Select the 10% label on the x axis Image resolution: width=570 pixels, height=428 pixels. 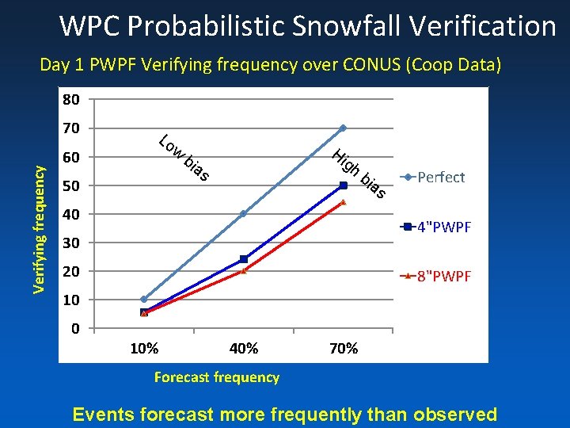[x=143, y=349]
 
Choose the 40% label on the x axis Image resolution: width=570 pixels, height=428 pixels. [x=243, y=349]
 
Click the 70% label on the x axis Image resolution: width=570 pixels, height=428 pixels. [x=343, y=349]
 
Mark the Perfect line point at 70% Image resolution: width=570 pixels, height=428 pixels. [x=343, y=128]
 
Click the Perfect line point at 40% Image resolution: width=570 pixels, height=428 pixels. [x=243, y=213]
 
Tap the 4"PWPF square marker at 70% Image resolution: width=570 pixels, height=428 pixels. [x=343, y=185]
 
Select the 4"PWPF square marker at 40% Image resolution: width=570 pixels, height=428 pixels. [x=243, y=259]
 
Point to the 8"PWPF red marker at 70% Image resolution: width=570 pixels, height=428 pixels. [x=343, y=202]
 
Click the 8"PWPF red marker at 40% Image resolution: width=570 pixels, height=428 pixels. [x=243, y=271]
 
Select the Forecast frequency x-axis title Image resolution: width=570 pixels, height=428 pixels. [x=216, y=377]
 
